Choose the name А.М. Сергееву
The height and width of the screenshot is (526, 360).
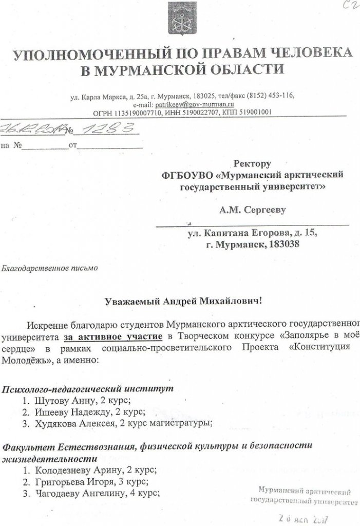[252, 209]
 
